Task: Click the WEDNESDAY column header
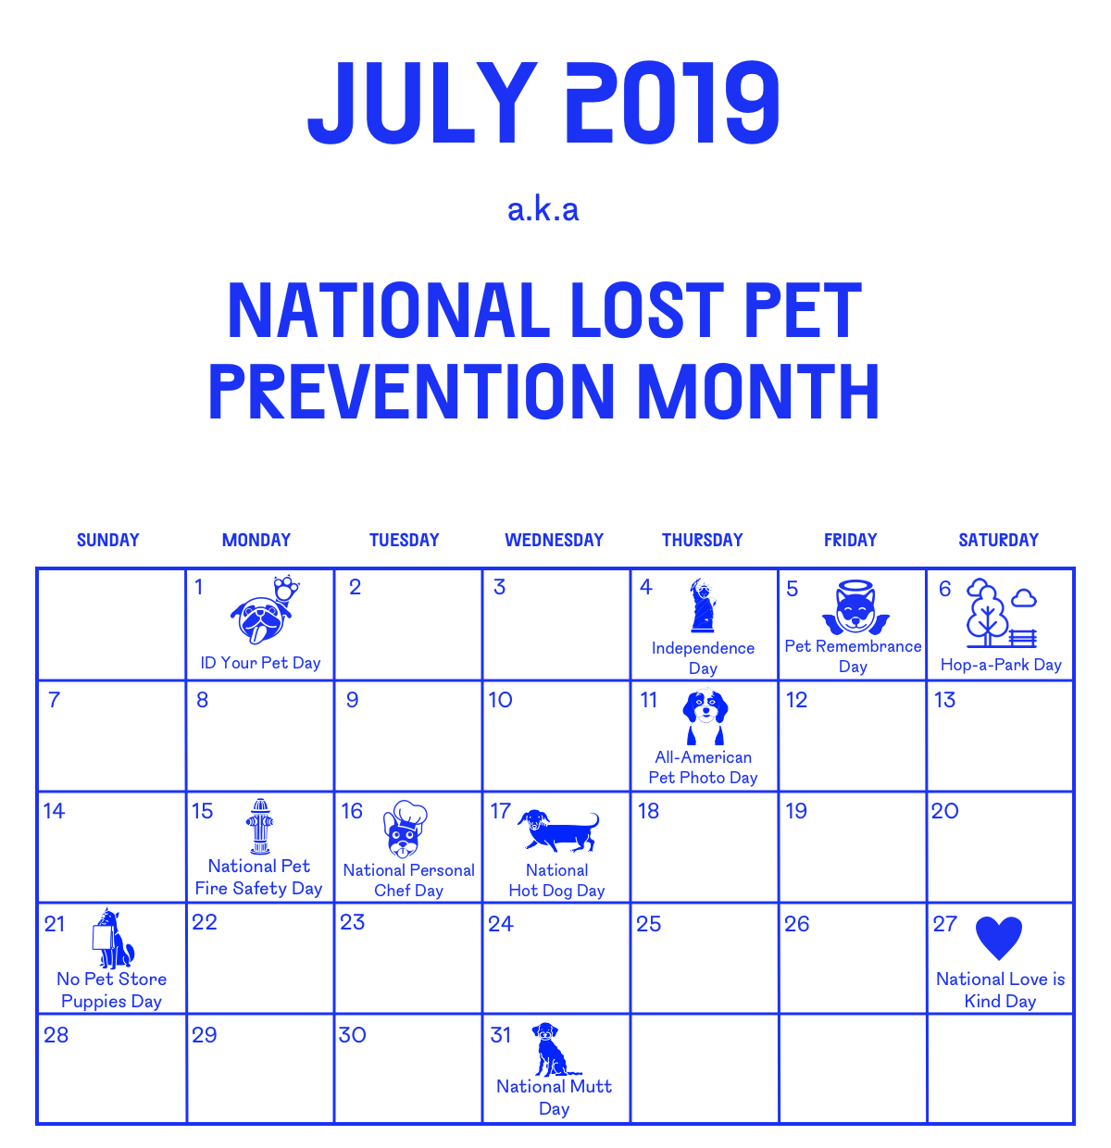(x=554, y=540)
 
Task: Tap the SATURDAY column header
(x=998, y=540)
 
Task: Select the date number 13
(x=944, y=700)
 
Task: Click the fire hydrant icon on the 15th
(x=260, y=826)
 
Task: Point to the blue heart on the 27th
(x=999, y=937)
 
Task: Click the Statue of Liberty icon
(x=703, y=605)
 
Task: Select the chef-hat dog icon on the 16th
(x=405, y=830)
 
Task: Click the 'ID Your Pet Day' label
(x=260, y=663)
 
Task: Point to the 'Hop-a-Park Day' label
(x=1001, y=665)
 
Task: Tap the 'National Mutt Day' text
(x=554, y=1097)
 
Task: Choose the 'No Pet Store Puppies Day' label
(x=111, y=990)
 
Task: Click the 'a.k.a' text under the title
(x=543, y=209)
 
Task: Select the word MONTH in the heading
(x=758, y=392)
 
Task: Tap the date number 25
(x=648, y=924)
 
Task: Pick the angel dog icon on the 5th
(x=855, y=608)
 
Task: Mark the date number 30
(x=352, y=1035)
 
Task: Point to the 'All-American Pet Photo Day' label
(x=703, y=767)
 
